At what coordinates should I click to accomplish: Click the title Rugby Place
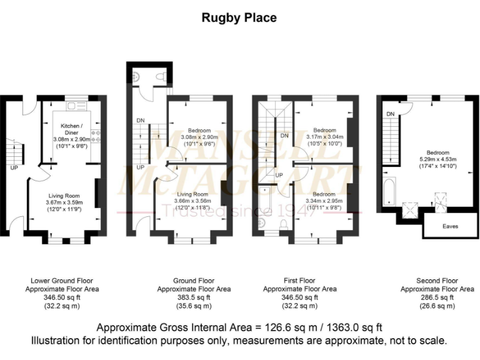tap(239, 17)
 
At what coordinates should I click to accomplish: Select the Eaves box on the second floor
tap(449, 226)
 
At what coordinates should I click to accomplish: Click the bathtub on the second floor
tap(389, 191)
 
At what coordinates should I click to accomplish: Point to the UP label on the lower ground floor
tap(14, 167)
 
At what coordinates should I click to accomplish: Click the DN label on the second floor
tap(389, 114)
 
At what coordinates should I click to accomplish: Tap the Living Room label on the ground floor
tap(192, 194)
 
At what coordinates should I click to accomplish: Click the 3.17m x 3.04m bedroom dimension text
tap(324, 137)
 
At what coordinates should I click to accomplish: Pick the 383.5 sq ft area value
tap(194, 297)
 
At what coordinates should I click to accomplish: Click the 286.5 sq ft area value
tap(437, 297)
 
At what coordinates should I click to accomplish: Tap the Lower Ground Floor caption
tap(62, 281)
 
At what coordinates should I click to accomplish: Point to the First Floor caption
tap(299, 281)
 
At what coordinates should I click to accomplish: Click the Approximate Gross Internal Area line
tap(239, 327)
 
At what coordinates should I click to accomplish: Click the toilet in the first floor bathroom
tap(283, 223)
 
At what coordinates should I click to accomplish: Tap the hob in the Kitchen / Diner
tap(96, 136)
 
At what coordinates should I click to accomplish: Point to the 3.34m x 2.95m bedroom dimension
tap(324, 201)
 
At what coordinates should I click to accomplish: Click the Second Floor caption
tap(437, 281)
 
